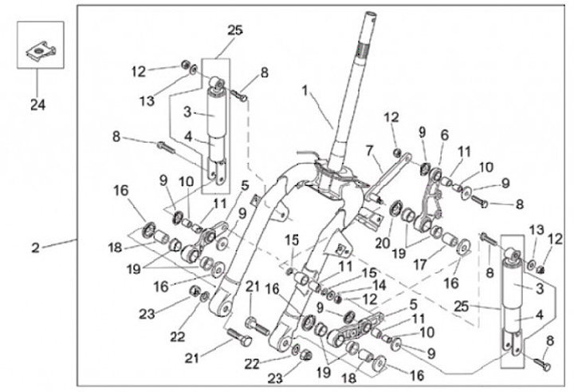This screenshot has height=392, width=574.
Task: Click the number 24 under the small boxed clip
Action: pos(36,103)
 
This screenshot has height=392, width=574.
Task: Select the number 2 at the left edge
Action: pos(35,248)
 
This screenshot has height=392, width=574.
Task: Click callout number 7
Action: pos(369,150)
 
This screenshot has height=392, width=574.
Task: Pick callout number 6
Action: pos(444,137)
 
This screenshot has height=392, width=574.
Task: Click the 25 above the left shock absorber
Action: pos(234,30)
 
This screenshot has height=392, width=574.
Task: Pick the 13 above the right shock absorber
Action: pos(535,230)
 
